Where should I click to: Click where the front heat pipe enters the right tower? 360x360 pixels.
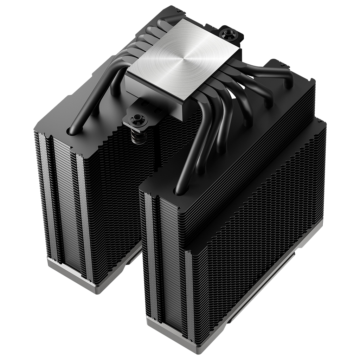coord(179,190)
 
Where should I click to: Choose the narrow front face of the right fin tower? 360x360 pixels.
coord(165,260)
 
